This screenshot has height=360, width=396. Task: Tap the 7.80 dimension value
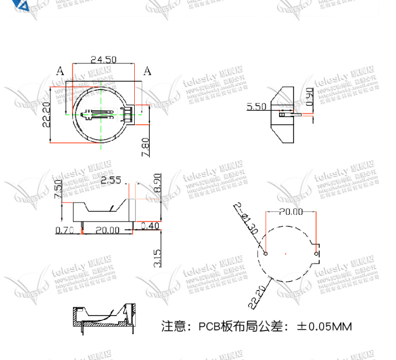tap(145, 146)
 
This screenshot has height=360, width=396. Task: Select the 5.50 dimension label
tap(257, 107)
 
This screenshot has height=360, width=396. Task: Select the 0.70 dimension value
tap(65, 229)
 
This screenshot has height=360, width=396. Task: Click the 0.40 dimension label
tap(150, 225)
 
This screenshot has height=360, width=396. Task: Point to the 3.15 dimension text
tap(158, 258)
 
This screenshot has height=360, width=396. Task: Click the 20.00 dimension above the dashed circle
tap(290, 211)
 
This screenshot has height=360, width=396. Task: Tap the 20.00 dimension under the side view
tap(107, 229)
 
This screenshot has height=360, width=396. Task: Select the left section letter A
tap(60, 71)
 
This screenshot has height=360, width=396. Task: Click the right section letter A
tap(147, 71)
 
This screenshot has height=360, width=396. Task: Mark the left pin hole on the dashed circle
tap(266, 254)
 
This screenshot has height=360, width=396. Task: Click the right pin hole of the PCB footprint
tap(316, 254)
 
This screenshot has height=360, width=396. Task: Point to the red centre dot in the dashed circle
tap(286, 254)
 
